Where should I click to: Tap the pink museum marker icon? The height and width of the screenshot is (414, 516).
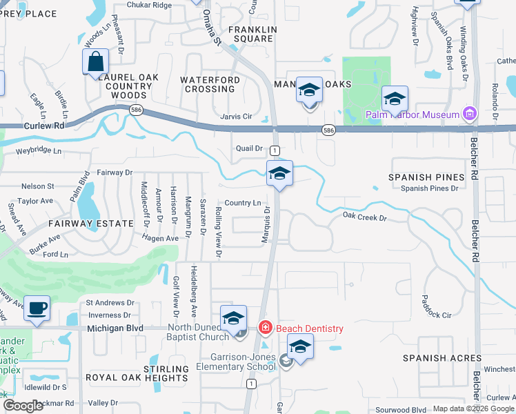point(470,113)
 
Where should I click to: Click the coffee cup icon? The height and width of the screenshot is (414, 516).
point(37,308)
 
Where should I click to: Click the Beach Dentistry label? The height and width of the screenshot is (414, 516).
point(309,328)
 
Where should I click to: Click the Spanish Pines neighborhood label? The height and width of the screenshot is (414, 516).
point(426,177)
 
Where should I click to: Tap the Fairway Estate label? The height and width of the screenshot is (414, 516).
point(90,224)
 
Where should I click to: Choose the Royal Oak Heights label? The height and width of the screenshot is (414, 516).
point(137,378)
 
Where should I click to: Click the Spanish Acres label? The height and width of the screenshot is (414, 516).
point(442,358)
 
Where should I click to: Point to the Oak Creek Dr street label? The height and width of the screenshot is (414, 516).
point(365,217)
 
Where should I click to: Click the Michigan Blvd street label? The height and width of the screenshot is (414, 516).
point(116,329)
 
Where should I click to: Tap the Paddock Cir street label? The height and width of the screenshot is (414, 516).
point(436,315)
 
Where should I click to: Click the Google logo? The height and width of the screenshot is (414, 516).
point(23,406)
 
